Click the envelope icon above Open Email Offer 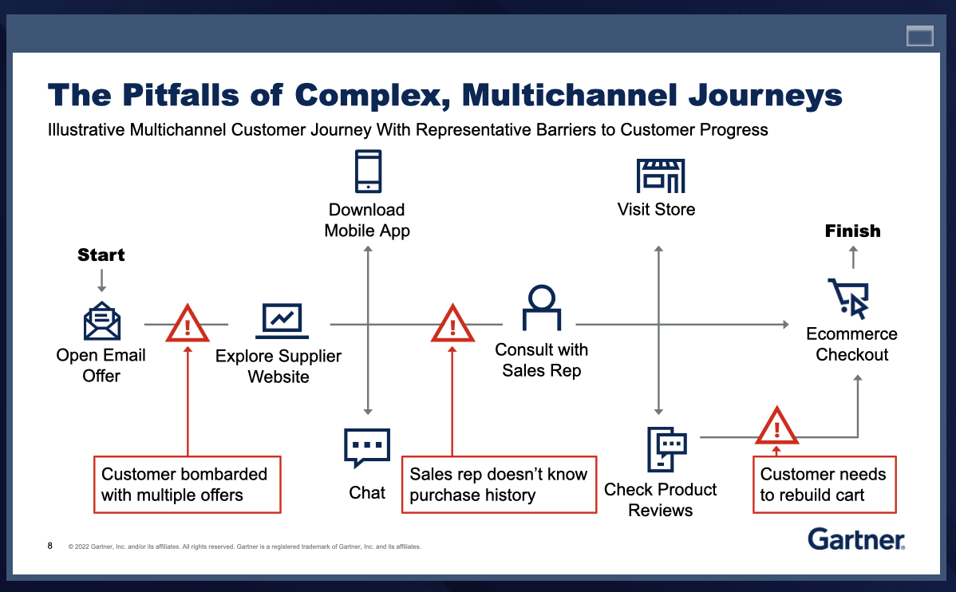[x=102, y=321]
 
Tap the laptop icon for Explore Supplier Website [x=282, y=321]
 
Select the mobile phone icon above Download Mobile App [x=368, y=172]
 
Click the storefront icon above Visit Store [x=660, y=176]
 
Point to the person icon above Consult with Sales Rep [x=541, y=307]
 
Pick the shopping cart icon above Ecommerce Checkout [x=849, y=298]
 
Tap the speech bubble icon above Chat [x=367, y=448]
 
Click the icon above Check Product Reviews [x=666, y=449]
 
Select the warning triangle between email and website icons [x=188, y=324]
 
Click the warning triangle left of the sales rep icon [x=452, y=324]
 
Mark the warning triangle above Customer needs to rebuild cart [x=776, y=426]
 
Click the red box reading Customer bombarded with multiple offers [x=188, y=485]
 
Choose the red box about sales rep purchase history [x=499, y=485]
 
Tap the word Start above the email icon [x=101, y=255]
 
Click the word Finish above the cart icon [x=853, y=231]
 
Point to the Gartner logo [x=856, y=539]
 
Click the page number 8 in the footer [x=50, y=546]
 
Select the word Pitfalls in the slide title [x=180, y=96]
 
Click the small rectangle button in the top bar [x=920, y=36]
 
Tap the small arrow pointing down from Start [x=102, y=281]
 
